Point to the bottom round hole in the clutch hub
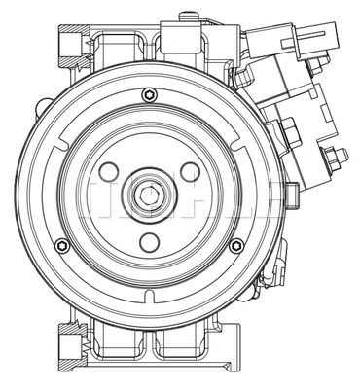[149, 242]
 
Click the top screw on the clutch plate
[149, 94]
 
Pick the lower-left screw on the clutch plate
[62, 244]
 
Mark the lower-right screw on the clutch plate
[234, 244]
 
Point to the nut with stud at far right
[336, 156]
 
